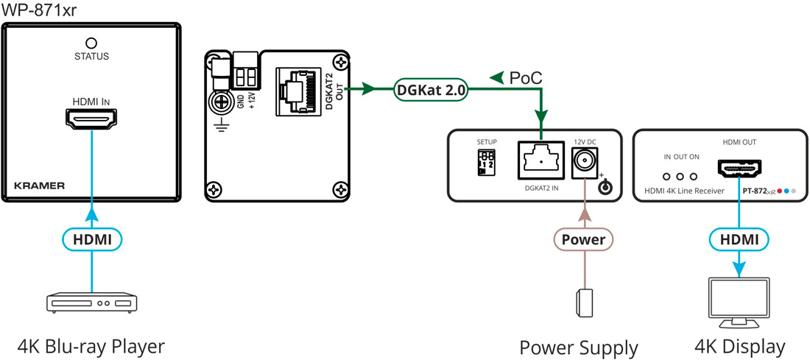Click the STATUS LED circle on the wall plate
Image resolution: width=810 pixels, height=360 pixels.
pos(92,43)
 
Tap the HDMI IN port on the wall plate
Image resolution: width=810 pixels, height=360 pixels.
pos(91,119)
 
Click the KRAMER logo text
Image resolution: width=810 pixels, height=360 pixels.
pos(39,186)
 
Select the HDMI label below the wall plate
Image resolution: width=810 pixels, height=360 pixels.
pos(92,239)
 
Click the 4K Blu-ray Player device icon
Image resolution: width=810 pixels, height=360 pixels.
pos(91,302)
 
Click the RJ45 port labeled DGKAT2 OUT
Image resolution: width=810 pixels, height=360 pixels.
pos(299,91)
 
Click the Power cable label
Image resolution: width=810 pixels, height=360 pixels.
pos(583,239)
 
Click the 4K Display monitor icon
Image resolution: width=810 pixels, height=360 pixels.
pos(737,302)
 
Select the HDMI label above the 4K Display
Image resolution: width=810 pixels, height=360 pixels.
pos(739,239)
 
